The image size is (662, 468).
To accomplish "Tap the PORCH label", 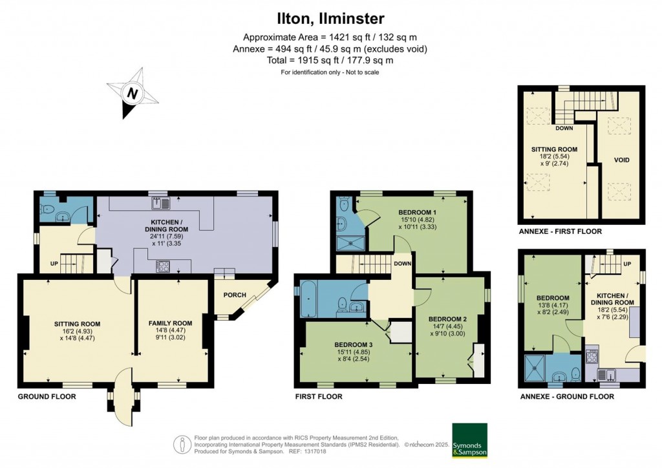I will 235,295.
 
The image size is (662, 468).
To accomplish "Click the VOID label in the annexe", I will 621,160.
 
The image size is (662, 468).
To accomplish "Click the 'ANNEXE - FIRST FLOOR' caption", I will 561,231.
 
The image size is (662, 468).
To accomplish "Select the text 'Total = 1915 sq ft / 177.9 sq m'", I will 330,60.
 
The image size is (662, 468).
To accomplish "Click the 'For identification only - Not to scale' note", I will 330,72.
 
